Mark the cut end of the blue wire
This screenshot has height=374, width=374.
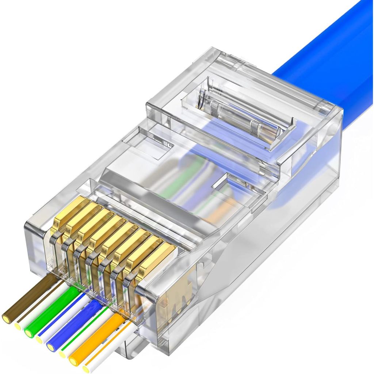51,347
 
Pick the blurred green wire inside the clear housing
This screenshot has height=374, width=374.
179,179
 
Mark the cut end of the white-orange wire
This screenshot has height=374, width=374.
86,368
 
